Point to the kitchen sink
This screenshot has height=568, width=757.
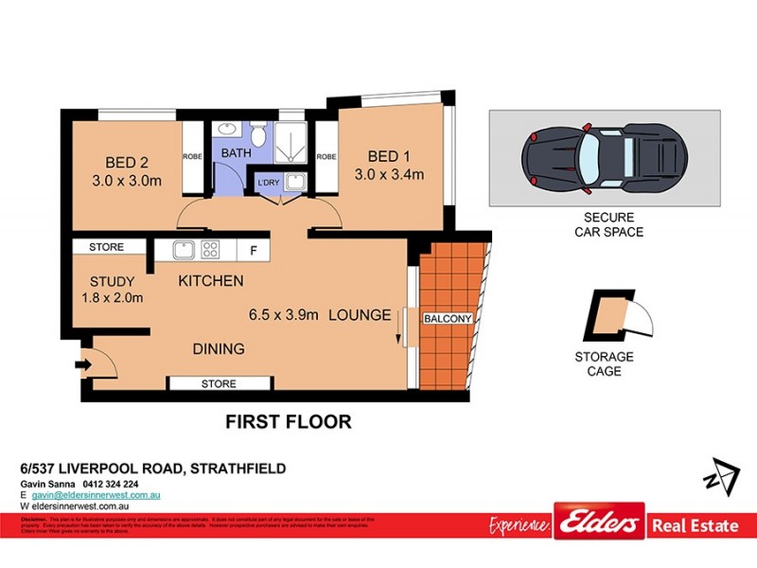click(x=185, y=250)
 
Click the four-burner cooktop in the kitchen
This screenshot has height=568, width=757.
click(x=210, y=250)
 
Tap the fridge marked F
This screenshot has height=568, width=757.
click(x=253, y=250)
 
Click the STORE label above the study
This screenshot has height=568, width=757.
click(x=106, y=247)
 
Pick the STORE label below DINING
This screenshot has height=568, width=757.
click(x=219, y=383)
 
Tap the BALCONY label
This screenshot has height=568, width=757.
click(x=447, y=319)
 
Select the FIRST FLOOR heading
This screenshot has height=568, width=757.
click(x=288, y=421)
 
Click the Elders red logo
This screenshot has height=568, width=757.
click(x=599, y=523)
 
